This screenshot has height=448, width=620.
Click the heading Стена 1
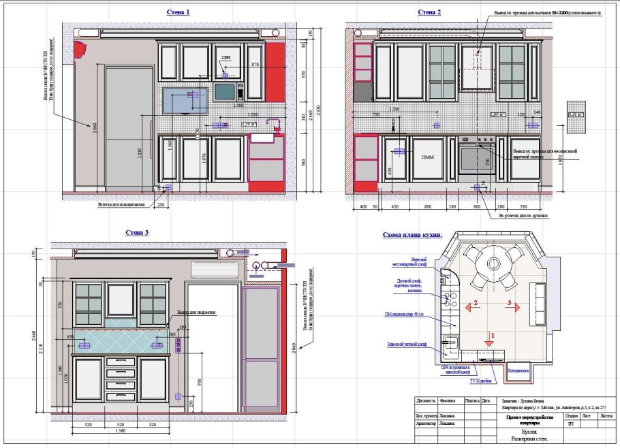pyautogui.click(x=179, y=12)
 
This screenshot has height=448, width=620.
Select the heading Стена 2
pyautogui.click(x=429, y=12)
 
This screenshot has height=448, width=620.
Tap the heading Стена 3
pyautogui.click(x=137, y=233)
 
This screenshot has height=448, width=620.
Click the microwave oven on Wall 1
pyautogui.click(x=229, y=91)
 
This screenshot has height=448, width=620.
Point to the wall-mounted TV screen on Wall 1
pyautogui.click(x=186, y=100)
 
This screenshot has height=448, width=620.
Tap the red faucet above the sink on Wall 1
pyautogui.click(x=275, y=124)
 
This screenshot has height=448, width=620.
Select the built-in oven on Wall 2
pyautogui.click(x=477, y=158)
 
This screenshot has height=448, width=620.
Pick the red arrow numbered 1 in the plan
pyautogui.click(x=489, y=335)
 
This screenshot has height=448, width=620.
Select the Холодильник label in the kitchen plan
pyautogui.click(x=518, y=371)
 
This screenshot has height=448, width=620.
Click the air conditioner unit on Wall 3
pyautogui.click(x=214, y=270)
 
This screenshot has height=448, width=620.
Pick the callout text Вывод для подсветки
pyautogui.click(x=197, y=313)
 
